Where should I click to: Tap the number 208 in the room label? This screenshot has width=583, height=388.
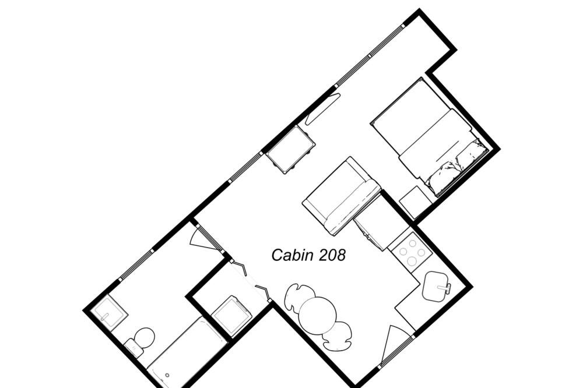tap(333, 255)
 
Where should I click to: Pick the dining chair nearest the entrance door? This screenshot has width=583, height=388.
tap(337, 336)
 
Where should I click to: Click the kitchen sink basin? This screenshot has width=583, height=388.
tap(436, 286)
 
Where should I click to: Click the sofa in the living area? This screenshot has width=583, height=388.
tap(342, 196)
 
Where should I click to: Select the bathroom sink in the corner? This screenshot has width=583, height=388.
tap(110, 312)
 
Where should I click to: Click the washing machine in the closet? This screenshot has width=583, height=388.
tap(232, 316)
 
